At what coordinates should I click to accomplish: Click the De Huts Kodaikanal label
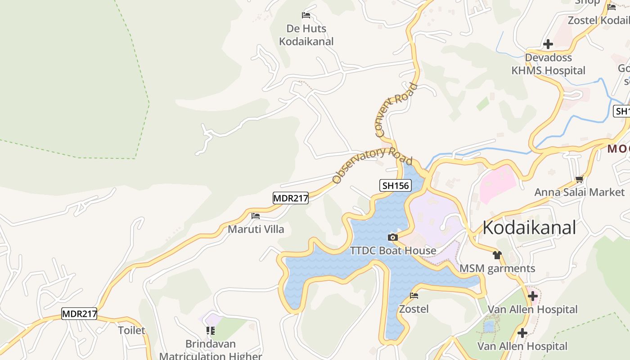306,35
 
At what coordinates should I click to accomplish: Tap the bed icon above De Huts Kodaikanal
306,15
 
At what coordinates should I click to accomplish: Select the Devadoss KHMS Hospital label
549,64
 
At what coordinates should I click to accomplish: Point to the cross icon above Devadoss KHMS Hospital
548,44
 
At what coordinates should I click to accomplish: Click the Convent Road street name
396,110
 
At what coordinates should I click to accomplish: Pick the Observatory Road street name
372,165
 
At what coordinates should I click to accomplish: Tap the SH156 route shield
396,185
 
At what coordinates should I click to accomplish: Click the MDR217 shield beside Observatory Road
291,198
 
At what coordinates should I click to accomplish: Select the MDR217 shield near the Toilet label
79,314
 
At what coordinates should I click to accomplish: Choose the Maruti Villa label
256,229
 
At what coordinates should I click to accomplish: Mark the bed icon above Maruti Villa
256,216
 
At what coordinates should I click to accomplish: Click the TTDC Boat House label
393,251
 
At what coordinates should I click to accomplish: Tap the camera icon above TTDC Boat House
393,237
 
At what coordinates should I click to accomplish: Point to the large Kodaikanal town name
529,228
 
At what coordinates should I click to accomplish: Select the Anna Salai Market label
580,192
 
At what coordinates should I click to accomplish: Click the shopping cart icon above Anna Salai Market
579,179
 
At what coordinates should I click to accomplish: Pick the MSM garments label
497,269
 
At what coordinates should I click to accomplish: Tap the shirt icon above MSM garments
497,255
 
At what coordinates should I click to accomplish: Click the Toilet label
132,330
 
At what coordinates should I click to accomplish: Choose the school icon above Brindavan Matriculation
211,331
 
